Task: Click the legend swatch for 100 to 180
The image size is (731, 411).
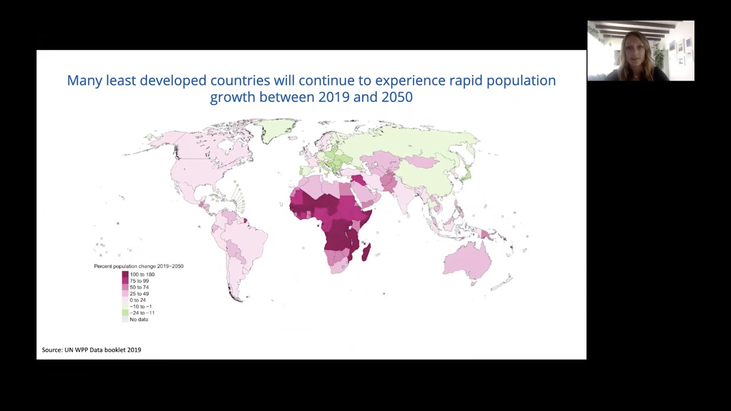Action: click(x=125, y=275)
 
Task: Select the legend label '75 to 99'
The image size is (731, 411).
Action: click(x=139, y=281)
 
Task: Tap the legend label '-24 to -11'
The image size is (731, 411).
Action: click(x=142, y=313)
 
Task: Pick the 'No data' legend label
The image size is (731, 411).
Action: click(x=139, y=319)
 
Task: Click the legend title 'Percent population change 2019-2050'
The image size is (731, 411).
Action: click(x=138, y=266)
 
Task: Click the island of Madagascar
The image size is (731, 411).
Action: click(x=366, y=252)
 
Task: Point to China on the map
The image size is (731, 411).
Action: click(x=425, y=171)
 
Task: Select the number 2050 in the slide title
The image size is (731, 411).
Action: click(x=397, y=97)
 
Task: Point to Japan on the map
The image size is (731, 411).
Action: click(x=466, y=171)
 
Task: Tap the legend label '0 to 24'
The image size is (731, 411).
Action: click(x=138, y=300)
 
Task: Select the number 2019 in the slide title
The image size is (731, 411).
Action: click(x=334, y=97)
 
